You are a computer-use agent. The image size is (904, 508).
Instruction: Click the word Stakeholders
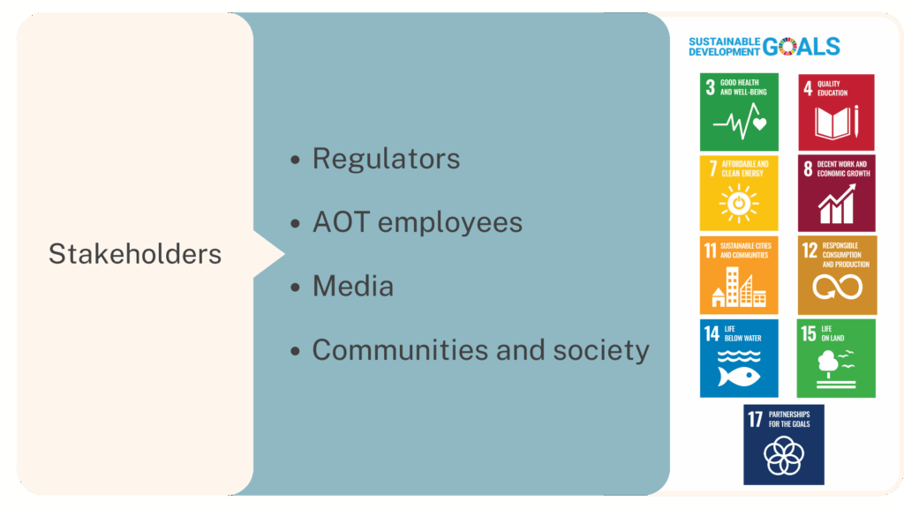(x=135, y=254)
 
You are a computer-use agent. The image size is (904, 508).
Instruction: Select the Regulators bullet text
(x=387, y=159)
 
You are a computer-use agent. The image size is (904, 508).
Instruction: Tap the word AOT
(x=341, y=222)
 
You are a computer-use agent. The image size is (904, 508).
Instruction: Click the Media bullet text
(x=353, y=287)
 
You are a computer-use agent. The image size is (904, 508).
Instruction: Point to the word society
(x=601, y=351)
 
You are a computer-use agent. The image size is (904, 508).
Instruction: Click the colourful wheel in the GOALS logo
(x=787, y=46)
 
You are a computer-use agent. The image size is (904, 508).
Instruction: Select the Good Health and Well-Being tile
(x=739, y=112)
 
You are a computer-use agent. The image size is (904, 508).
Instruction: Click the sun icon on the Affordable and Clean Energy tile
(x=739, y=204)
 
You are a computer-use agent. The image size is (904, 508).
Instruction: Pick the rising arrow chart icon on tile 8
(x=837, y=204)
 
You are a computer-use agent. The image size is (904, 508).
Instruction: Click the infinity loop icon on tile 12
(x=837, y=287)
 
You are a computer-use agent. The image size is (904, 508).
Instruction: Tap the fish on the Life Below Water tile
(x=739, y=377)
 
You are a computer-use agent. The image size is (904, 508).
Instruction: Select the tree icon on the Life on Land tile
(x=828, y=364)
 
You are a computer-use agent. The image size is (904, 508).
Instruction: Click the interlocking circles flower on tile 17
(x=784, y=455)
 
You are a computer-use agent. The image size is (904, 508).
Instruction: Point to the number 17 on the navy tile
(x=756, y=419)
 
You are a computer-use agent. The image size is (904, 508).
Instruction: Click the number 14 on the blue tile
(x=712, y=333)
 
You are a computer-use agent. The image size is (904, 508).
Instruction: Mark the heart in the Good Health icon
(x=760, y=123)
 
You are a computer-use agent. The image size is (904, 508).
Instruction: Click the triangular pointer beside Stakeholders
(x=268, y=254)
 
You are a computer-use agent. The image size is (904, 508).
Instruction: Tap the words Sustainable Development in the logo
(x=724, y=47)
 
